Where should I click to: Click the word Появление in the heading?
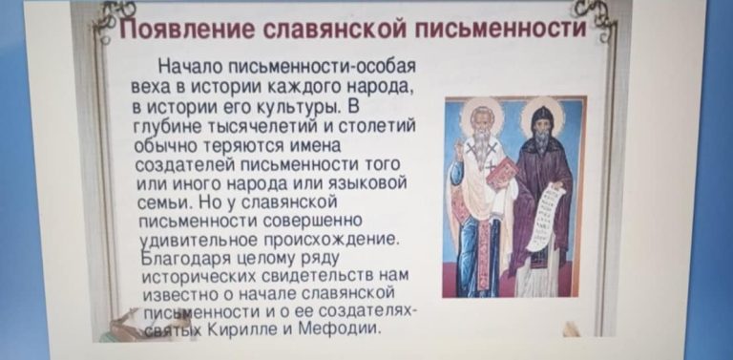pyautogui.click(x=187, y=31)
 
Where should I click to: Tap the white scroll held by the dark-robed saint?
pyautogui.click(x=546, y=217)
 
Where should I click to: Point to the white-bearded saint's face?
pyautogui.click(x=480, y=121)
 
